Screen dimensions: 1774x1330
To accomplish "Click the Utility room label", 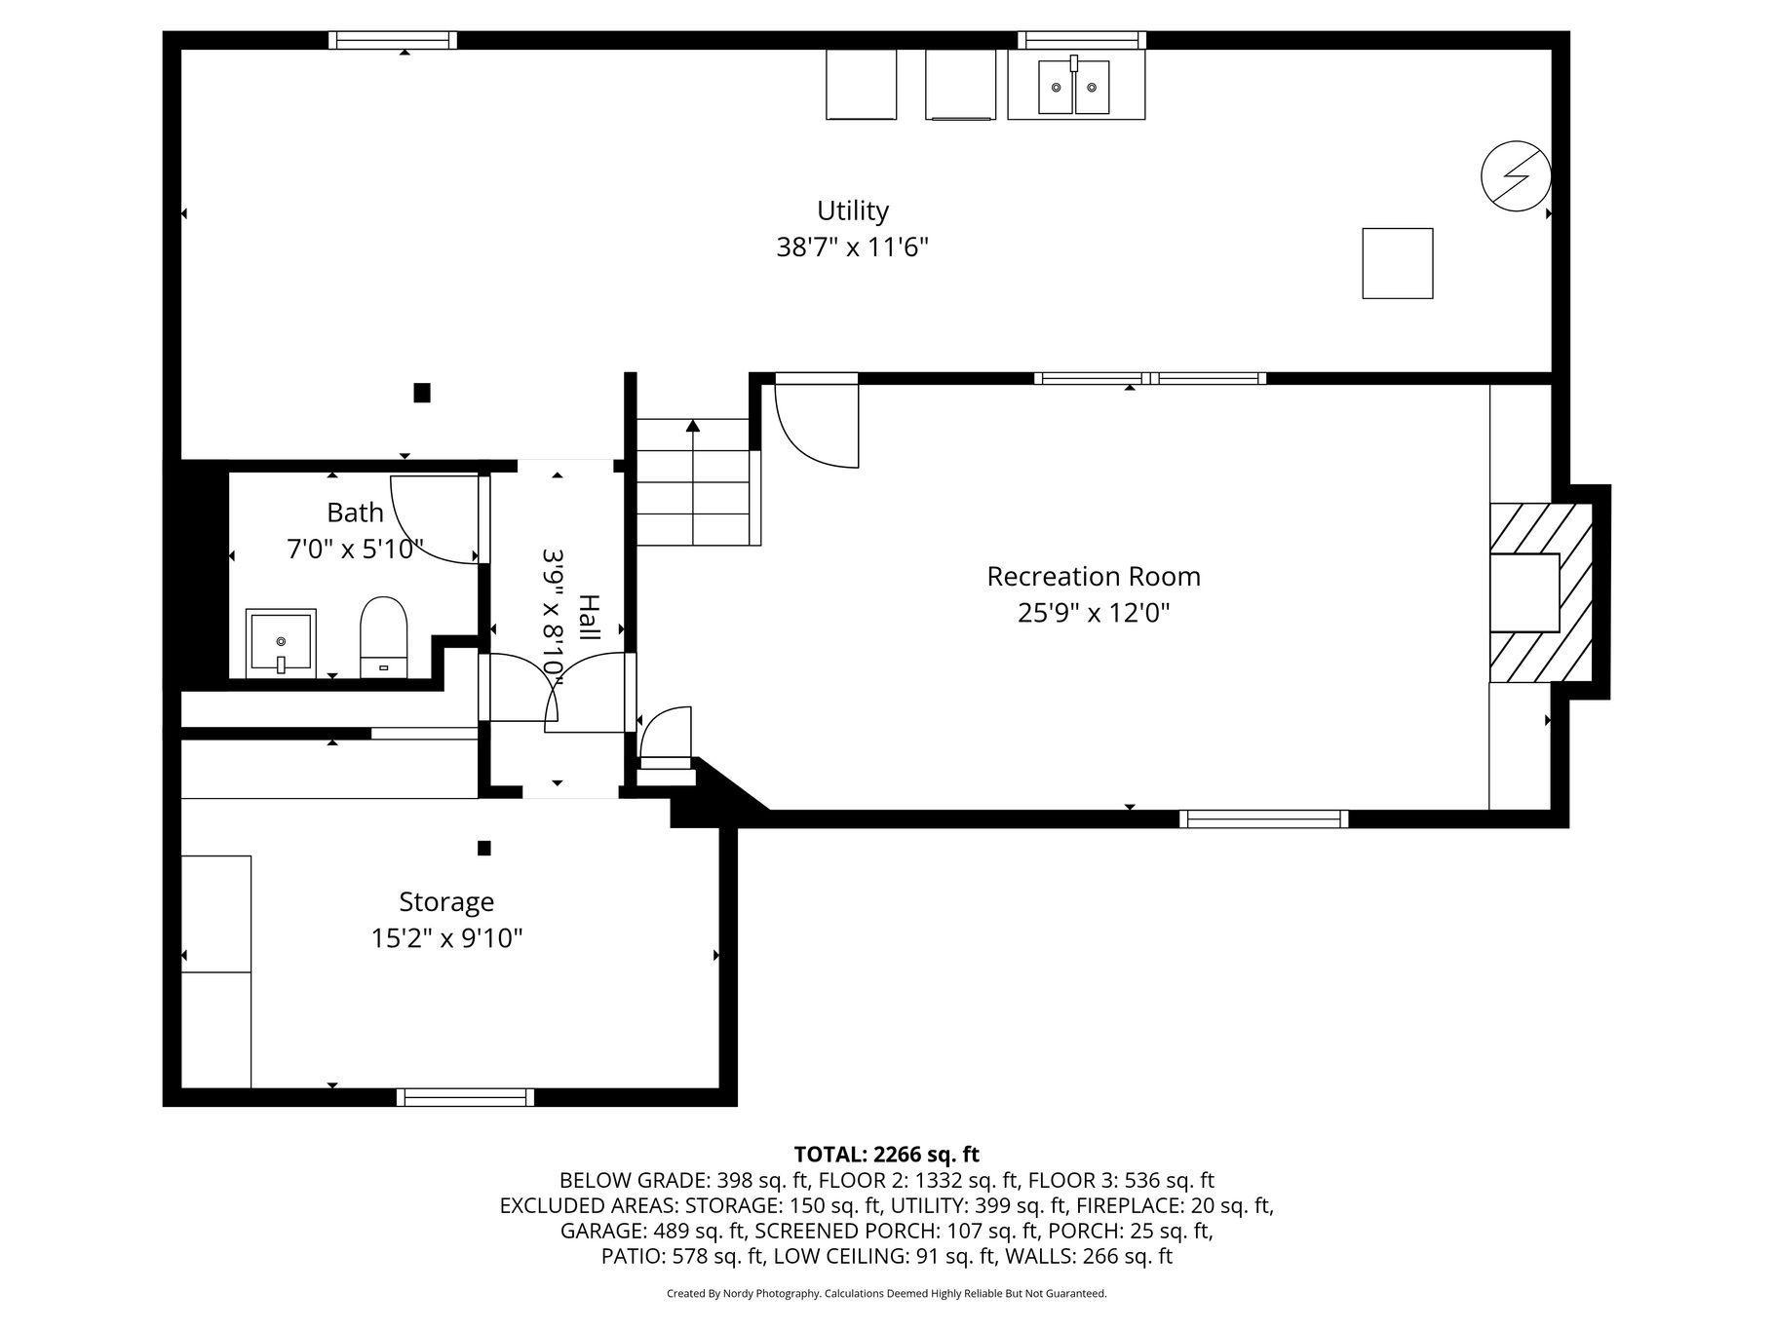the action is click(x=853, y=211).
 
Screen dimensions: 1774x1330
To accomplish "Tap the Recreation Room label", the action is click(x=1094, y=577).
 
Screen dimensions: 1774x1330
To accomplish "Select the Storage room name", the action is click(x=446, y=902).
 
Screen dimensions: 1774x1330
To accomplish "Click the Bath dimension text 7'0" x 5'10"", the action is click(x=356, y=550).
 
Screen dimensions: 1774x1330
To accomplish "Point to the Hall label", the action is click(x=589, y=617).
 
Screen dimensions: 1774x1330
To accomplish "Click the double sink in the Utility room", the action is click(x=1076, y=86).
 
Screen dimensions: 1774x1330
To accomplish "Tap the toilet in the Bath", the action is click(x=383, y=637).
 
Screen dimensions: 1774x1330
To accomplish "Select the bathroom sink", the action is click(x=281, y=643).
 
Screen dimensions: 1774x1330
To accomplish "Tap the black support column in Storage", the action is click(x=484, y=848).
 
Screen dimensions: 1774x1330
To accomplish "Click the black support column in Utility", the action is click(x=422, y=393).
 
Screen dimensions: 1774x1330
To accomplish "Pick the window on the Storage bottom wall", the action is click(x=466, y=1097).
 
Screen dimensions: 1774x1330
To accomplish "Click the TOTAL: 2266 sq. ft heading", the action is click(x=887, y=1155).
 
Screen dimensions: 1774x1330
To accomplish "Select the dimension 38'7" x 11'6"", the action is click(x=853, y=247).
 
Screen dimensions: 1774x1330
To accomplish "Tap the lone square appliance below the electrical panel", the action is click(x=1398, y=263).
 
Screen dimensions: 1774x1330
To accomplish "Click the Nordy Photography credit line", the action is click(x=887, y=1294).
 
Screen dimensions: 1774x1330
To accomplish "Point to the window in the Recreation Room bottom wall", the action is click(x=1264, y=819).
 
